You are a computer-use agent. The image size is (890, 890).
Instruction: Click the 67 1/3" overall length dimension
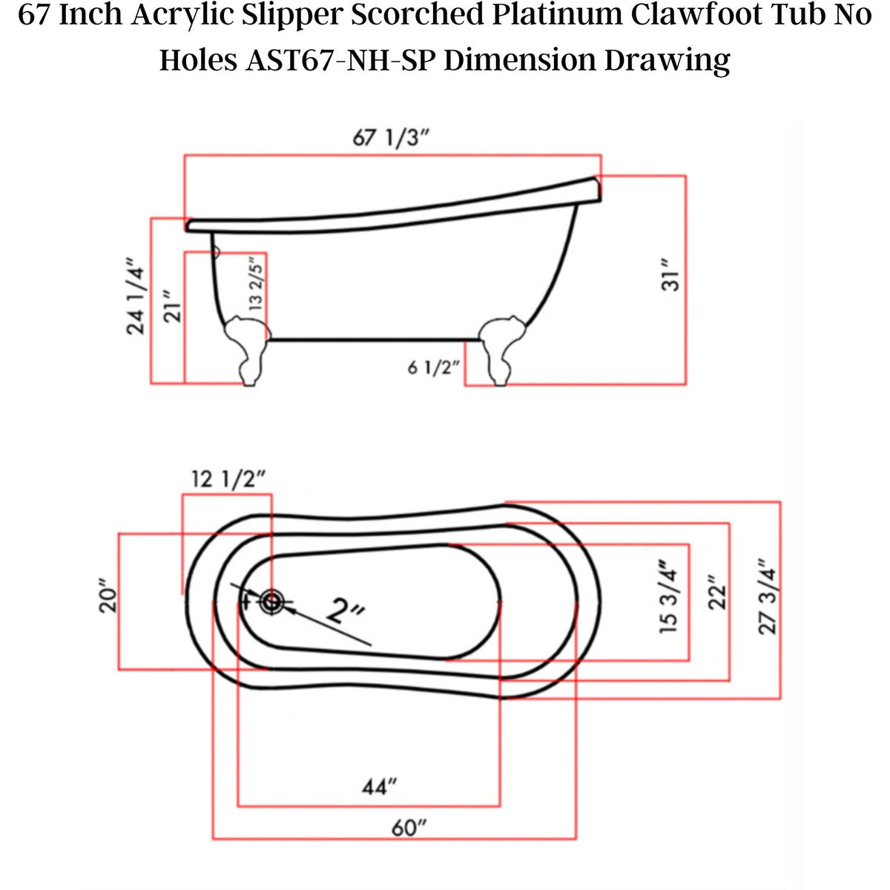[x=392, y=138]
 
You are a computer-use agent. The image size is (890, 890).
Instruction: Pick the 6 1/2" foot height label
[x=434, y=367]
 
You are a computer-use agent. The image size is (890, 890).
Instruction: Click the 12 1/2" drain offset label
[x=228, y=480]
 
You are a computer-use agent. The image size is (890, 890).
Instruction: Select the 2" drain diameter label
[x=346, y=613]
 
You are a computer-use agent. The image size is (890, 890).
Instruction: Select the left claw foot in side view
[x=245, y=349]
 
